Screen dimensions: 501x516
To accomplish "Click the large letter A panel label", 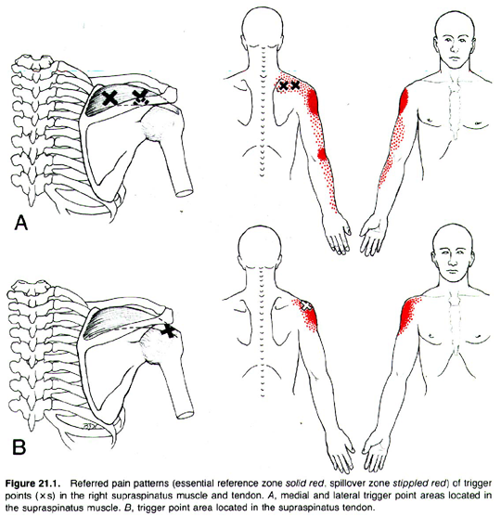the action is click(21, 223).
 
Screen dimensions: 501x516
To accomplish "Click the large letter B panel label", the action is click(19, 447).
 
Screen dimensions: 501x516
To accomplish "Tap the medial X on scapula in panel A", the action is click(109, 97).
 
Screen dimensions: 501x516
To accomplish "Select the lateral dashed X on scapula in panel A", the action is click(140, 97).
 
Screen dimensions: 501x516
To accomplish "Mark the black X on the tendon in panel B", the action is click(169, 330).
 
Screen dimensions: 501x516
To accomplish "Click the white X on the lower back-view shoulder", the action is click(306, 305).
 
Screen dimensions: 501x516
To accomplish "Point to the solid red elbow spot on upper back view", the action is click(322, 154).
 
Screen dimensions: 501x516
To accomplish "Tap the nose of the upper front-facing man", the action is click(454, 47).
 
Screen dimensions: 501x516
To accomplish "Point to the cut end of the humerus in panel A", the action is click(185, 193).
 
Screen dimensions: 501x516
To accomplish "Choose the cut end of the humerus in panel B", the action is click(186, 414).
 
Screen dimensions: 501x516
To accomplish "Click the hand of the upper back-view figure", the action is click(337, 233).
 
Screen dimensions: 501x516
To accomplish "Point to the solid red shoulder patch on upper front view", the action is click(404, 101).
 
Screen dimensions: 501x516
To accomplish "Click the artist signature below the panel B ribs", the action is click(89, 425).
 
